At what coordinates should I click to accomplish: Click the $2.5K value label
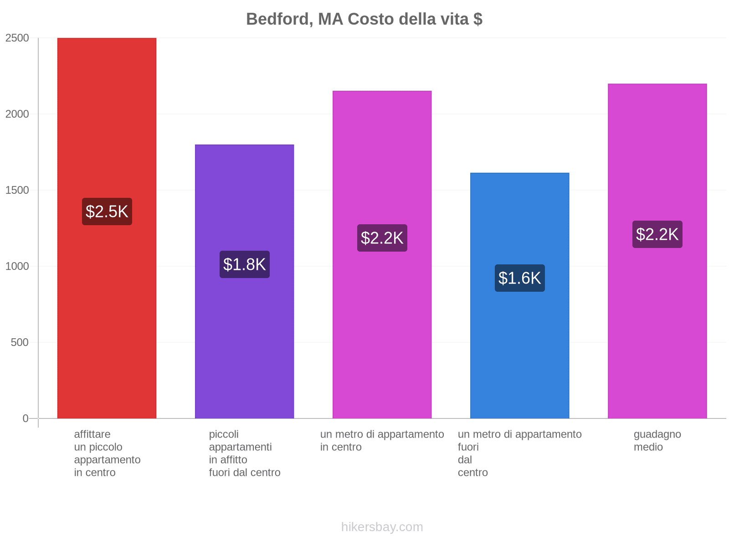point(107,212)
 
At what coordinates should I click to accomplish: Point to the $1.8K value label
point(245,264)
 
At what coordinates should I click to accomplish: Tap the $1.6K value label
point(520,278)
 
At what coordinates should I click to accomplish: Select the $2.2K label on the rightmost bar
point(657,234)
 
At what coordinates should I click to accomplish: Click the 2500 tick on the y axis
point(17,38)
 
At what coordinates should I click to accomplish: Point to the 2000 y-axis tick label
point(17,114)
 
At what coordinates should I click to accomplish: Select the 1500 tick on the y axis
point(17,190)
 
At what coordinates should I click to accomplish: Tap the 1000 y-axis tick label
point(17,266)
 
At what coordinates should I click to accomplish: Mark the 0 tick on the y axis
point(26,418)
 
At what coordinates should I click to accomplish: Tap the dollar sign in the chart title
point(478,19)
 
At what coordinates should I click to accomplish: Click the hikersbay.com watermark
point(382,527)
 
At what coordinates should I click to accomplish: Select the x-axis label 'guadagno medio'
point(657,440)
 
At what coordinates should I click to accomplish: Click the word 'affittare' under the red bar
point(92,434)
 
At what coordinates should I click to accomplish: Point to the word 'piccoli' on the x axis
point(224,434)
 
